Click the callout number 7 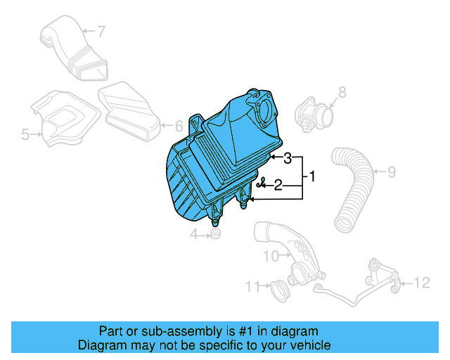tap(101, 31)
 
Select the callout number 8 tap(342, 91)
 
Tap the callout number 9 tap(392, 171)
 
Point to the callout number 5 tap(25, 134)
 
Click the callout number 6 tap(178, 126)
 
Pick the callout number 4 tap(193, 235)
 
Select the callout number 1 tap(313, 176)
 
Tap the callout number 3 tap(288, 159)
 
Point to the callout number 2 tap(278, 185)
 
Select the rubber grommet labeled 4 tap(215, 234)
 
